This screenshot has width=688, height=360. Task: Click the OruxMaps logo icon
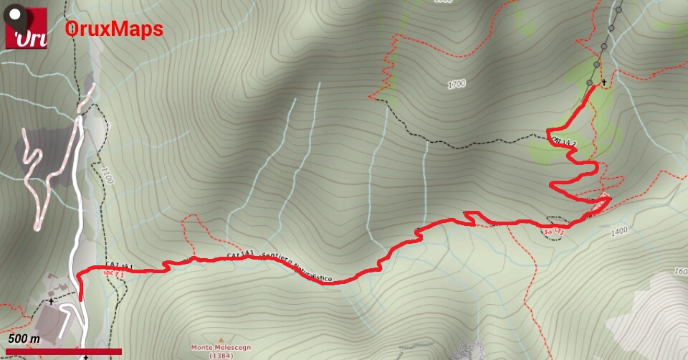tap(26, 28)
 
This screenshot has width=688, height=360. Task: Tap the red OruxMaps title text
tap(114, 29)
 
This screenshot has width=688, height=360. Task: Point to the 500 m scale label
tap(24, 338)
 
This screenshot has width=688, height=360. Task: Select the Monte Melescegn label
tap(220, 348)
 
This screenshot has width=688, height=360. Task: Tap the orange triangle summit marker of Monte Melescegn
tap(221, 339)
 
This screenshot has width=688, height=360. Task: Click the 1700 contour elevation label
tap(457, 85)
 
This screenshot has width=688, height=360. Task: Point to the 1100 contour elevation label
tap(107, 176)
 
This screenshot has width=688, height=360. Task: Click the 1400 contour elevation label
tap(619, 231)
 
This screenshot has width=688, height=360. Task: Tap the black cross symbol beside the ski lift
tap(604, 82)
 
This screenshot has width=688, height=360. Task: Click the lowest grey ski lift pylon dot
tap(589, 84)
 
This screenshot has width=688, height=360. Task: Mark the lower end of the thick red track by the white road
tap(80, 298)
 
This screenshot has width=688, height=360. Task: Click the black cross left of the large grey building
tap(51, 302)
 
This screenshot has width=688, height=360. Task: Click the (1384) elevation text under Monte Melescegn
tap(220, 356)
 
